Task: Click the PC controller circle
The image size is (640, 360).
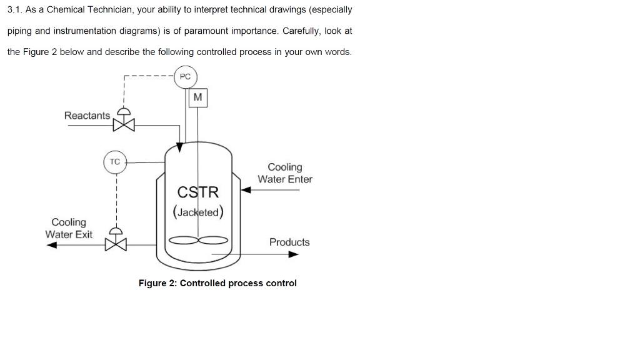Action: point(185,77)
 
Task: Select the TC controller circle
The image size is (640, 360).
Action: point(115,162)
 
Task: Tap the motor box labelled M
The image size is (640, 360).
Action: point(197,97)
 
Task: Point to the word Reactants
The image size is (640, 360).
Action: point(87,116)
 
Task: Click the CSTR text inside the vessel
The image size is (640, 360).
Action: point(198,192)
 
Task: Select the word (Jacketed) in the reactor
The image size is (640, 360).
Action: point(198,212)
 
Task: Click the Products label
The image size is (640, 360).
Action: point(289,242)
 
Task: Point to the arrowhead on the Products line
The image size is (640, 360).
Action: point(293,254)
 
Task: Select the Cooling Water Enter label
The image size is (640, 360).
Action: point(285,173)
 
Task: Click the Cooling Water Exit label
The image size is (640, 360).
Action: point(69,228)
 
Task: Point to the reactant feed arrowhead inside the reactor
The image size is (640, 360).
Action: point(180,147)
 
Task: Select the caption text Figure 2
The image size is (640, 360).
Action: point(157,283)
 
